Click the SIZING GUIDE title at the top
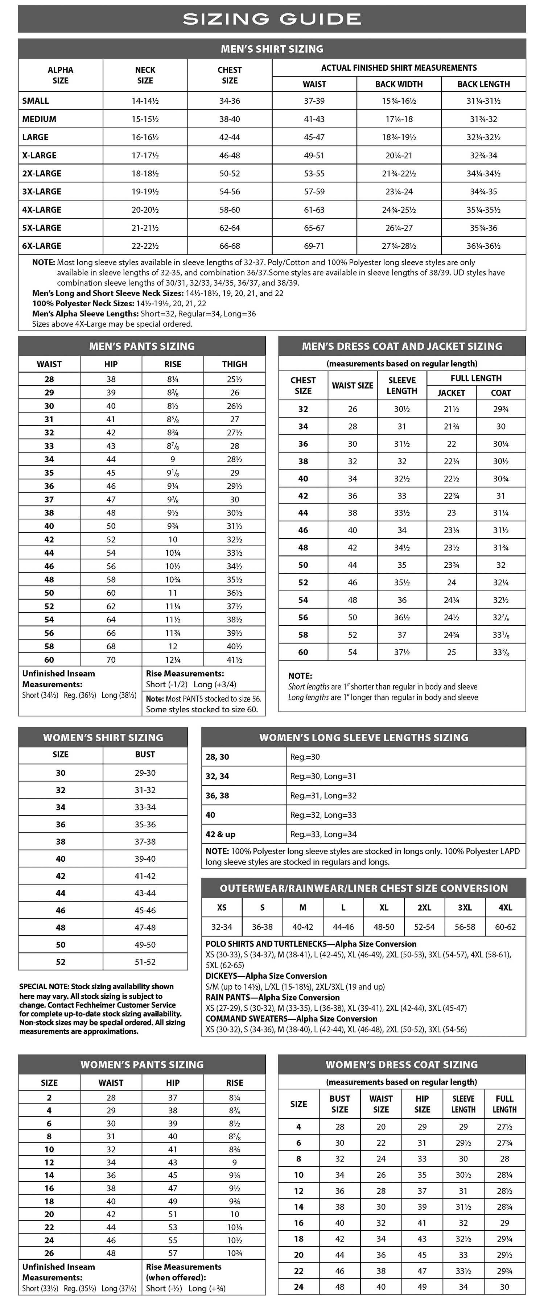[272, 19]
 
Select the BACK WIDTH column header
[399, 84]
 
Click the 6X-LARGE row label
[42, 246]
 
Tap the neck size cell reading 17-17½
[145, 156]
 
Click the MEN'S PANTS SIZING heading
[142, 346]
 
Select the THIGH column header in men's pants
[234, 364]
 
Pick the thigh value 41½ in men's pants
[234, 660]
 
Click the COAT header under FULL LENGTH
[500, 393]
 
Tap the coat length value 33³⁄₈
[500, 652]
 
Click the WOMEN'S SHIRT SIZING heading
[103, 737]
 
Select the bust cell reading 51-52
[145, 961]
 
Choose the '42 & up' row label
[221, 834]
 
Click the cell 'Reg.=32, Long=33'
[323, 815]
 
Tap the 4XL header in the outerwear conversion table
[505, 907]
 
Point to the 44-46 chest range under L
[343, 927]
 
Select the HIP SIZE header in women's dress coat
[422, 1103]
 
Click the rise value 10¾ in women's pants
[234, 1253]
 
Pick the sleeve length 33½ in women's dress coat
[463, 1271]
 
